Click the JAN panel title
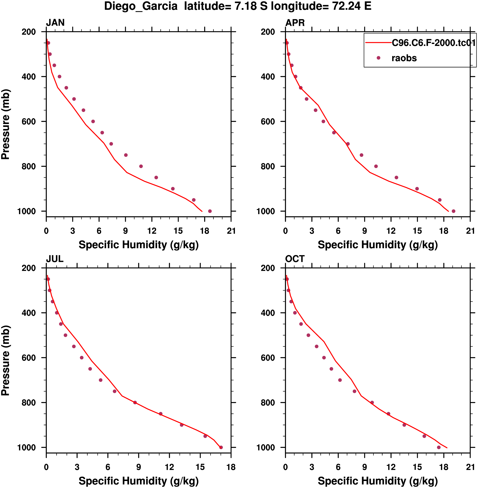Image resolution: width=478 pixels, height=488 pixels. (x=55, y=23)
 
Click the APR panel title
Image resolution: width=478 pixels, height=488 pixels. (x=295, y=23)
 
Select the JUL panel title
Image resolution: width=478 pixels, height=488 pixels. (x=55, y=259)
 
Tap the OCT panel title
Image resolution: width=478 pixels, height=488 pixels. (x=295, y=259)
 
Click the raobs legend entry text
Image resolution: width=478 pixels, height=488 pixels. (x=404, y=58)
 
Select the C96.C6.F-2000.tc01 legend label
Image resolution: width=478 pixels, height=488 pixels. (x=434, y=43)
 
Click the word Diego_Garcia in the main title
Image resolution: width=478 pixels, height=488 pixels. (x=141, y=6)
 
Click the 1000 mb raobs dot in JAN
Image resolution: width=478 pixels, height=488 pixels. (x=210, y=211)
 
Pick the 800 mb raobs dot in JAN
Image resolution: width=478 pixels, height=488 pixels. (x=141, y=166)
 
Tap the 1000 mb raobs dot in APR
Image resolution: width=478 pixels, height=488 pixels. (x=453, y=211)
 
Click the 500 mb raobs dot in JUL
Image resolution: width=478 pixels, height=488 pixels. (x=66, y=335)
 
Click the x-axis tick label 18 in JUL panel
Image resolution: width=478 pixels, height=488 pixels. (x=231, y=467)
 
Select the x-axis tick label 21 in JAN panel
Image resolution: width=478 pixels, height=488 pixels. (x=231, y=231)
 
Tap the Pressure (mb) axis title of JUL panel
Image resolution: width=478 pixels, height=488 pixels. (x=5, y=360)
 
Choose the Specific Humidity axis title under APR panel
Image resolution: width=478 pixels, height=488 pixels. (x=378, y=245)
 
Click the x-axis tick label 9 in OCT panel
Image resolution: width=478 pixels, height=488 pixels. (x=364, y=467)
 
